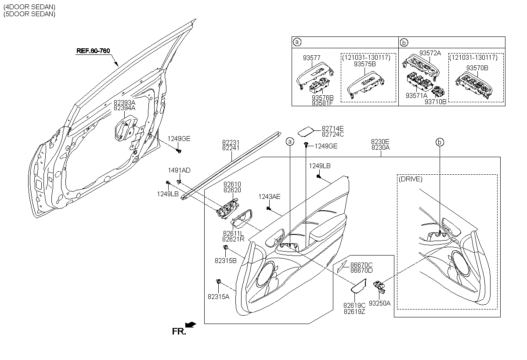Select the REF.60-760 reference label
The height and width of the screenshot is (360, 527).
pos(93,51)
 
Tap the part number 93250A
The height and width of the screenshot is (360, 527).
pos(379,303)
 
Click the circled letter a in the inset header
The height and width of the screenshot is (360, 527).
pos(297,42)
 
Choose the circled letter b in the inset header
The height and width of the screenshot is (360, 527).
pos(404,42)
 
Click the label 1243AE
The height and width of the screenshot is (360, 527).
pos(269,197)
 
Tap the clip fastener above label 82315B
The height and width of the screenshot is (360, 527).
pos(226,249)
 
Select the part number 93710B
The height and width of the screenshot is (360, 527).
pos(436,101)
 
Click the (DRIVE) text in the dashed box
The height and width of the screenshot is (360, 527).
pos(411,179)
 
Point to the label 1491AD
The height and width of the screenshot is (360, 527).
pos(179,170)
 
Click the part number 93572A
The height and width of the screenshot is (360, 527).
pos(430,53)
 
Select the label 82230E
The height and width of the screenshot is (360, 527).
pos(380,142)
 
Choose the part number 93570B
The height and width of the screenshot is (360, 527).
pos(477,68)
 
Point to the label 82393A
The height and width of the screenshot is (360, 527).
pos(124,102)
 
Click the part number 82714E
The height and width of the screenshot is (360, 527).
pos(332,128)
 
